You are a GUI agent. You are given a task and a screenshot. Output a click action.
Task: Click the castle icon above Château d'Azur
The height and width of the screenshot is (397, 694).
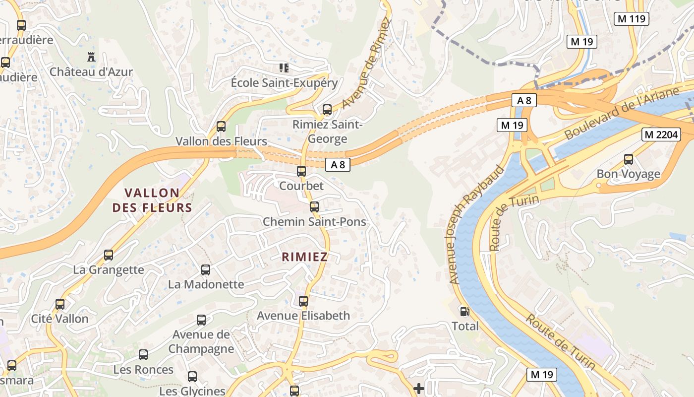coord(91,57)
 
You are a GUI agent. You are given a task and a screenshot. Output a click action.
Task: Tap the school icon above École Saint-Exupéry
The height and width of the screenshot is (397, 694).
coord(284,67)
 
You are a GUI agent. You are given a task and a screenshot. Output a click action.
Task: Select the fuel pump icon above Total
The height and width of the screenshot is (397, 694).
coord(465,312)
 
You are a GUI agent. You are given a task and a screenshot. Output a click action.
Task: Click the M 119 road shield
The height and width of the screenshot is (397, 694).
coord(632,19)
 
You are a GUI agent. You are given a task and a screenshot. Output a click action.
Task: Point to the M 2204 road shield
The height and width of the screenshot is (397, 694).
coord(661,134)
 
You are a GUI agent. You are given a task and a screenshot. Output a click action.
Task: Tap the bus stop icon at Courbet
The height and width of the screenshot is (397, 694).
coord(301,171)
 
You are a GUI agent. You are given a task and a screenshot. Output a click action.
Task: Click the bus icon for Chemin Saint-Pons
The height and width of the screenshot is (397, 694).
coord(314,206)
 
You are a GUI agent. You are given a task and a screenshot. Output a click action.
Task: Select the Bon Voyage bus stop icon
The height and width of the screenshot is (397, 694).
coord(629,159)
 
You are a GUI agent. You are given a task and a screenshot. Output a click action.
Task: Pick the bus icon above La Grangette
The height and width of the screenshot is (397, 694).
coord(109,255)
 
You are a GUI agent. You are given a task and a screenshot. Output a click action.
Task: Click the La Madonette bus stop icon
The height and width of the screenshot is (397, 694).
coord(206,270)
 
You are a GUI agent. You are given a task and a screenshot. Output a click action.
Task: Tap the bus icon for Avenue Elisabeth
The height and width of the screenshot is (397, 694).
coord(303,301)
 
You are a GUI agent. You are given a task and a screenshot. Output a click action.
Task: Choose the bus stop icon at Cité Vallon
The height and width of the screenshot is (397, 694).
coord(60,304)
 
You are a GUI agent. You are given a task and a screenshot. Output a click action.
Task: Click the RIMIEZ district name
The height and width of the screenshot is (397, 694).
coord(305,257)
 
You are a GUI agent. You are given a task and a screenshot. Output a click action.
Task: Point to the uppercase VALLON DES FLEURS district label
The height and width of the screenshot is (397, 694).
coord(152,200)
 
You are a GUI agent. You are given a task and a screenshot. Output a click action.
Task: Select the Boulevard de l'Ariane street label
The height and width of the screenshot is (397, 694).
coord(621,114)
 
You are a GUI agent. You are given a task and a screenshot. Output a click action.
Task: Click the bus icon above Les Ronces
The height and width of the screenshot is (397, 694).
coord(143,355)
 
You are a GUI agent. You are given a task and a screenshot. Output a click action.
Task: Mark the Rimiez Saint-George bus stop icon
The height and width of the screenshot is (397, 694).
coord(327,110)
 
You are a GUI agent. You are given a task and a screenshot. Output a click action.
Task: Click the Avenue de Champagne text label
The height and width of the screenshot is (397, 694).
coord(201,341)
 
